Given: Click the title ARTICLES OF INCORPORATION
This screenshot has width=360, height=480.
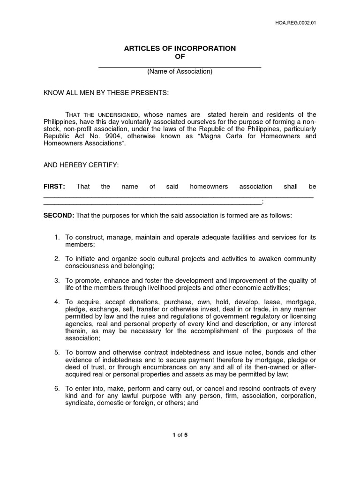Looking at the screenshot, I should click(180, 49).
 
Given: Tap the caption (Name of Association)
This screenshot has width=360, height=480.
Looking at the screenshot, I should click(180, 72).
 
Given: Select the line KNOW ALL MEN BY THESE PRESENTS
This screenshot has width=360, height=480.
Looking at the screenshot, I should click(106, 93).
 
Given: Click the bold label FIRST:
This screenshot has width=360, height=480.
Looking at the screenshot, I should click(54, 187).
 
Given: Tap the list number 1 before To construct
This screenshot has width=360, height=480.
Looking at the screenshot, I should click(57, 238).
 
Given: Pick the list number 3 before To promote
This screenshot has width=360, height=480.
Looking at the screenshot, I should click(57, 281).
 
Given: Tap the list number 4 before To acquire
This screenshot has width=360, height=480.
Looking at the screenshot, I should click(57, 302).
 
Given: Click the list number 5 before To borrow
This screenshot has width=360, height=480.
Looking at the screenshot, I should click(57, 352).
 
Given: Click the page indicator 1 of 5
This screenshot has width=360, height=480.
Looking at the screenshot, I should click(180, 435).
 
